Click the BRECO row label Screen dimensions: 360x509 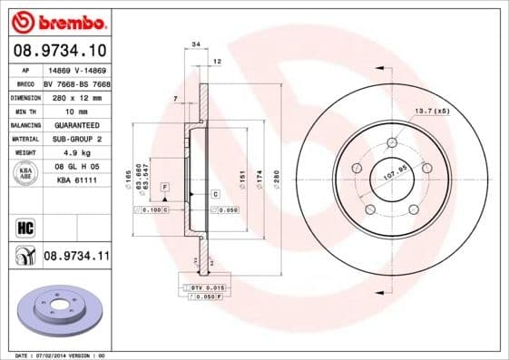pos(24,83)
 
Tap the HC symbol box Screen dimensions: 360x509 pos(24,227)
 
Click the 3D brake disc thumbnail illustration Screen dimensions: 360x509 pos(58,311)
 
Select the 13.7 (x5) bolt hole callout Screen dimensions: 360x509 pos(432,111)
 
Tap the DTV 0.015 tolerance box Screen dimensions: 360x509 pos(198,287)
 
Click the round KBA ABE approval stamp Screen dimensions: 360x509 pos(26,173)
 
